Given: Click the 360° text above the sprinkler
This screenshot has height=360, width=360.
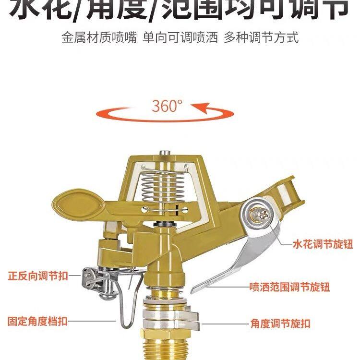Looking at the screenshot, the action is pyautogui.click(x=168, y=106).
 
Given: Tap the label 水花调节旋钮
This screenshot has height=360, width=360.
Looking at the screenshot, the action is pyautogui.click(x=323, y=245).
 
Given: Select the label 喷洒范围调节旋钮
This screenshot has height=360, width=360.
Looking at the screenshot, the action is pyautogui.click(x=289, y=287).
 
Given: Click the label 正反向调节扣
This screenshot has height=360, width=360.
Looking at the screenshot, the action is pyautogui.click(x=38, y=276).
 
